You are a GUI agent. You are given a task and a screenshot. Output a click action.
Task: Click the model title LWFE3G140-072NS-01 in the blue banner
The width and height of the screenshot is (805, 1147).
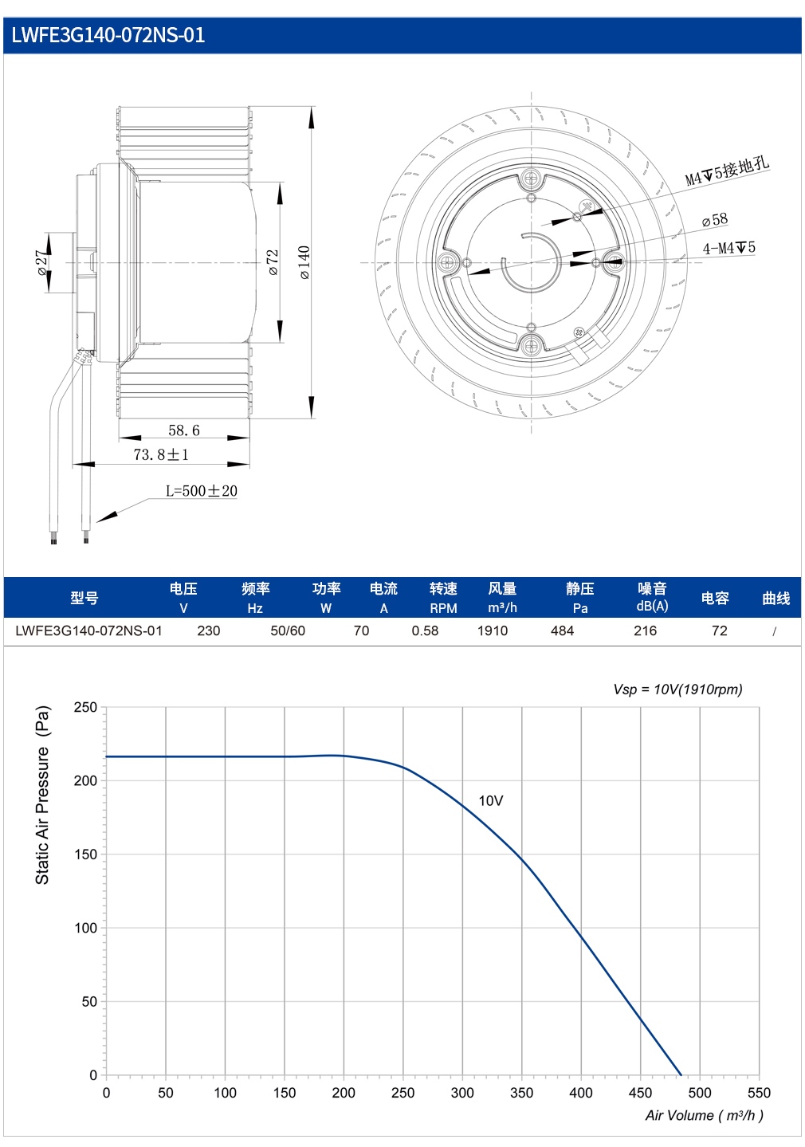(108, 35)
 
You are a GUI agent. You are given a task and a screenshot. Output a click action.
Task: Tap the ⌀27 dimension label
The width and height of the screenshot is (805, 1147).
(42, 263)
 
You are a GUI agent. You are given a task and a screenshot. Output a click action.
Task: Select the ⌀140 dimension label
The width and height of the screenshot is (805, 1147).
(304, 262)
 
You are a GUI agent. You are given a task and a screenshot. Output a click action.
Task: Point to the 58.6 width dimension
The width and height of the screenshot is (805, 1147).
(184, 430)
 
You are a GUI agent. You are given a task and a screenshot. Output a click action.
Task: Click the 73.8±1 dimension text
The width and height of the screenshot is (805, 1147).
(161, 454)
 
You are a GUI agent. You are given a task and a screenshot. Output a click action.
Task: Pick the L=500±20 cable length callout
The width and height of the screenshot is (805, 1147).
(201, 490)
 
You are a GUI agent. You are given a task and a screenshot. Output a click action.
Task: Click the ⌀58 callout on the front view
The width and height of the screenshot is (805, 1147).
(714, 220)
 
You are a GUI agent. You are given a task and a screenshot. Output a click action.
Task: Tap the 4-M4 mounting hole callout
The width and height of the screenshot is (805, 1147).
(728, 249)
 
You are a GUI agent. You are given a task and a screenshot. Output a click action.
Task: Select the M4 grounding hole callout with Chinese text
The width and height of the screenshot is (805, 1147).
(727, 171)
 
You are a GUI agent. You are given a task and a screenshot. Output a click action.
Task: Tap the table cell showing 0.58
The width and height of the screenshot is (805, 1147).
(425, 630)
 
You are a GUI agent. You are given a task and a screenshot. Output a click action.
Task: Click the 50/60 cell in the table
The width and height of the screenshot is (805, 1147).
(288, 630)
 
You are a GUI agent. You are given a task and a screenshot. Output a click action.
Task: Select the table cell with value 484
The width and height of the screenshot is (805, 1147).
(562, 630)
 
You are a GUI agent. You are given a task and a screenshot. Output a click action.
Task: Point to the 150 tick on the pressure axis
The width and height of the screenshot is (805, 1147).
(85, 854)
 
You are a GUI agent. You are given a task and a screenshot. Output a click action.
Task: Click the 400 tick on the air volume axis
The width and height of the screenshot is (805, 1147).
(581, 1093)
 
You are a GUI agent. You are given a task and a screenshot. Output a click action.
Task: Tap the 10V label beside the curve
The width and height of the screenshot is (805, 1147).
(491, 801)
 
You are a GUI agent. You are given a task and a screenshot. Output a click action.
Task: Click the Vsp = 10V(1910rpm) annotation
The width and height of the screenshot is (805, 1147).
(677, 689)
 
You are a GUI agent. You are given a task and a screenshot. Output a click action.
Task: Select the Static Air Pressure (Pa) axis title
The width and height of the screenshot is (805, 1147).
(42, 795)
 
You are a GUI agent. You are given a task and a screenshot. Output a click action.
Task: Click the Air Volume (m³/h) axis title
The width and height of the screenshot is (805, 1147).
(704, 1115)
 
